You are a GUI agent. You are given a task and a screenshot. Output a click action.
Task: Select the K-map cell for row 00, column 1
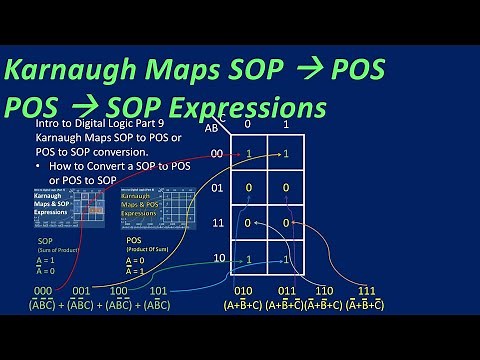286,154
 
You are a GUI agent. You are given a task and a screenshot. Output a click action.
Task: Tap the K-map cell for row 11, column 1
286,223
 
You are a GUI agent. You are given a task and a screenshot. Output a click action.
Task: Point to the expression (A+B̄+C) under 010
243,305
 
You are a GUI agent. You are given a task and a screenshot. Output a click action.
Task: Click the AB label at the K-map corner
212,127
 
